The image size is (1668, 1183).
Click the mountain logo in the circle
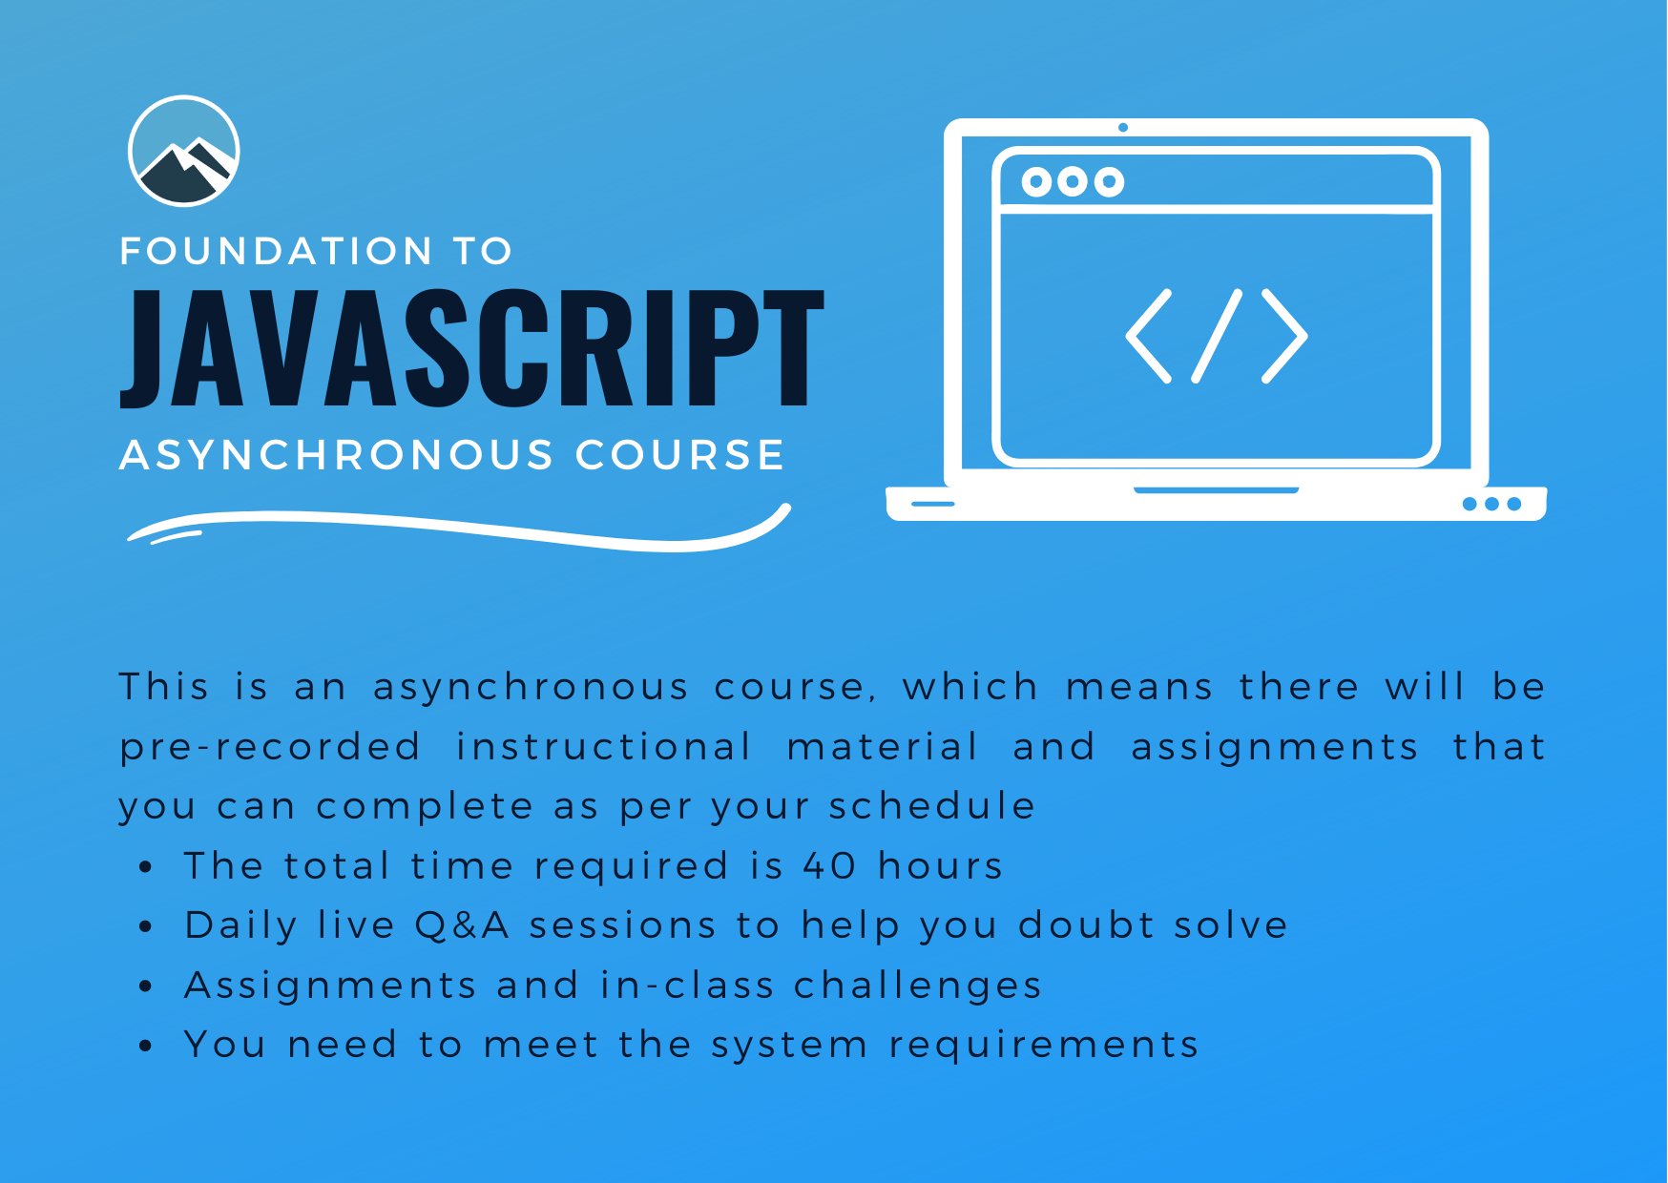(183, 151)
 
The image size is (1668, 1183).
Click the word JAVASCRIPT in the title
(472, 348)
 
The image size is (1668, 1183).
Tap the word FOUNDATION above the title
(277, 252)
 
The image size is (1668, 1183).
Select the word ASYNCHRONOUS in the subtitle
(336, 455)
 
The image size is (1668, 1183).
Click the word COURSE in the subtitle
(680, 455)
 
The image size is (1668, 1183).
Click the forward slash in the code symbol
(1217, 336)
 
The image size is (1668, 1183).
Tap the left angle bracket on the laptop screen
(1149, 336)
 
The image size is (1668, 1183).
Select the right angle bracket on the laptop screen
(1284, 336)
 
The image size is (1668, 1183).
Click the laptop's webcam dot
(1123, 127)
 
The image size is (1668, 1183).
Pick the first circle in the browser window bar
(1036, 181)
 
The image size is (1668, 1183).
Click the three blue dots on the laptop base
(1491, 504)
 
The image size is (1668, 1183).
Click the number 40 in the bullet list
(829, 866)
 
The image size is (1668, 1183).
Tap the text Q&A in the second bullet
(462, 925)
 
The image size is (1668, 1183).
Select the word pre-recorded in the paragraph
(270, 747)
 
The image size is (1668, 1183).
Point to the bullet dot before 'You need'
(145, 1047)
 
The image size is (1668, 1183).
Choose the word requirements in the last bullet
(1044, 1046)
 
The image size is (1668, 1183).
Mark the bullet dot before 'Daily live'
(145, 927)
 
